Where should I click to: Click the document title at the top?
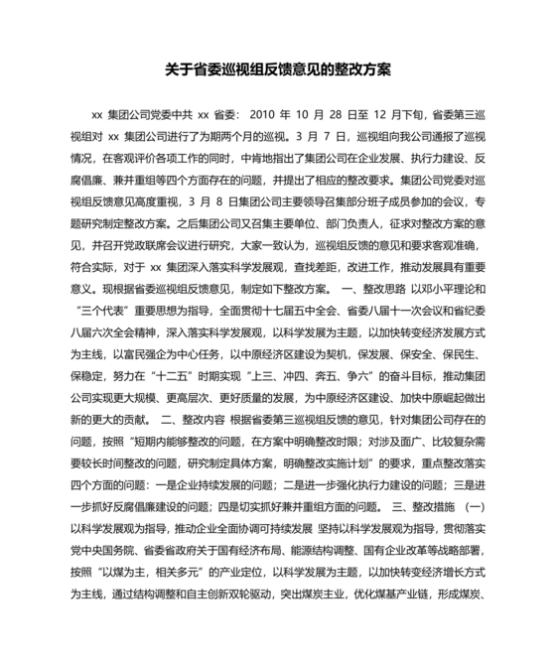coord(278,70)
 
